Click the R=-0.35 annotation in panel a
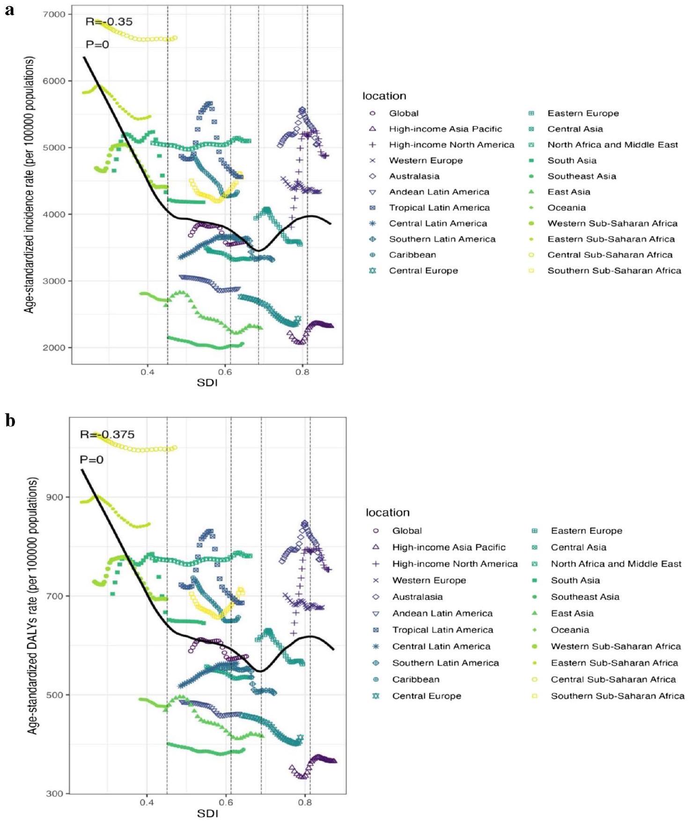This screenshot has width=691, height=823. click(x=109, y=22)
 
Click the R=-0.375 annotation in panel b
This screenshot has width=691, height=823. click(x=107, y=434)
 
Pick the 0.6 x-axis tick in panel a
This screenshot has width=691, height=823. click(x=225, y=372)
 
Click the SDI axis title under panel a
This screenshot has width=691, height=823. click(x=207, y=383)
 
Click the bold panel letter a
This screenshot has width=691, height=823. click(x=9, y=10)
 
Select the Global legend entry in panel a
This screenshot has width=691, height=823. click(x=404, y=113)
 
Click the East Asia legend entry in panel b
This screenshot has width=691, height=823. click(x=572, y=614)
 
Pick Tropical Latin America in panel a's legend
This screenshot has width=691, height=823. click(x=439, y=208)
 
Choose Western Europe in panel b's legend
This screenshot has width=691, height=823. click(x=429, y=580)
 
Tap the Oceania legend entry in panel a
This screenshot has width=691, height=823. click(x=566, y=208)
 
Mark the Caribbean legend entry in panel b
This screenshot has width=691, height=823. click(x=416, y=679)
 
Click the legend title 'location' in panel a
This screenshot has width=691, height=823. click(x=384, y=96)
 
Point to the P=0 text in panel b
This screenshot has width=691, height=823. click(x=91, y=460)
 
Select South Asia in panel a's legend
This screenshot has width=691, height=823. click(x=572, y=160)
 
